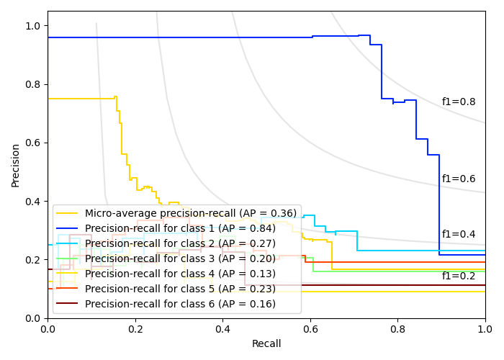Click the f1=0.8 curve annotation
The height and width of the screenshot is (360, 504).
pos(459,102)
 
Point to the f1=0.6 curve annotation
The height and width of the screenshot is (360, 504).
pos(459,179)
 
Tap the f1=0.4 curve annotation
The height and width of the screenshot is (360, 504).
pos(459,235)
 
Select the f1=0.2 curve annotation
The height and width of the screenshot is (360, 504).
pos(459,276)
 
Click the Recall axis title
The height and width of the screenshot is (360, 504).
pos(266,344)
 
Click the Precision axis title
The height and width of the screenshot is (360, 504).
pos(16,164)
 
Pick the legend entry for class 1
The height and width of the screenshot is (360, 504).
pos(180,228)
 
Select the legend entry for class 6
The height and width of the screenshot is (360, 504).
pos(180,304)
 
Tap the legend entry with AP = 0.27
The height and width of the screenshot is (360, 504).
pos(180,243)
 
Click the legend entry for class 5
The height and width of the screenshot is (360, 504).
pos(180,289)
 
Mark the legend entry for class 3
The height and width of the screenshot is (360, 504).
pos(180,258)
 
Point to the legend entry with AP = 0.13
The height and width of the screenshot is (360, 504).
pos(180,274)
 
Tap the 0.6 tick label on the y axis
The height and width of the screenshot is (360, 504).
pos(32,143)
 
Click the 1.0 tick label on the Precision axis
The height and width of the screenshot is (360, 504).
pos(32,26)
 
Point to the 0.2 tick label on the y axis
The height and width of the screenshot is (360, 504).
pos(32,260)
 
